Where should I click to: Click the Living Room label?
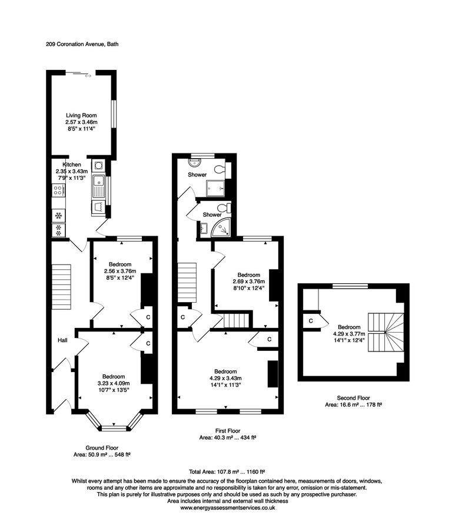click(81, 115)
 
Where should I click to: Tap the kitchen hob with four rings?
click(59, 190)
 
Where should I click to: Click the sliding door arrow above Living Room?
click(88, 75)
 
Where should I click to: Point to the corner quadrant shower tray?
click(222, 229)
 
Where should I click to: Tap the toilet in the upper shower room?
click(220, 170)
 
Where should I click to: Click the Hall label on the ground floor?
click(62, 340)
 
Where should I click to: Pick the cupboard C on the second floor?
click(310, 320)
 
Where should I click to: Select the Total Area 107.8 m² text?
click(227, 471)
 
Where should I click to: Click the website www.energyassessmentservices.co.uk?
click(227, 507)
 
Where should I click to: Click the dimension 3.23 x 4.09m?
click(114, 383)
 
